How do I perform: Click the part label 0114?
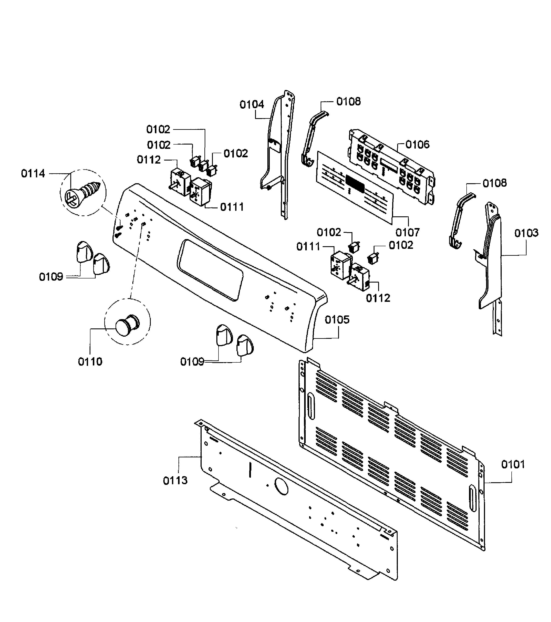tap(33, 174)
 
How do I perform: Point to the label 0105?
tap(337, 320)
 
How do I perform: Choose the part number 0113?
tap(175, 481)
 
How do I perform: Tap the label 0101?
tap(513, 465)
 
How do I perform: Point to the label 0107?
tap(407, 233)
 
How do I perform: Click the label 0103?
tap(526, 233)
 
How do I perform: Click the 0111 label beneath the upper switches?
tap(232, 207)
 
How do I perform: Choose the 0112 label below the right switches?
tap(378, 298)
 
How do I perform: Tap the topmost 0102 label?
tap(158, 130)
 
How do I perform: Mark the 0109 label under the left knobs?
tap(51, 277)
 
